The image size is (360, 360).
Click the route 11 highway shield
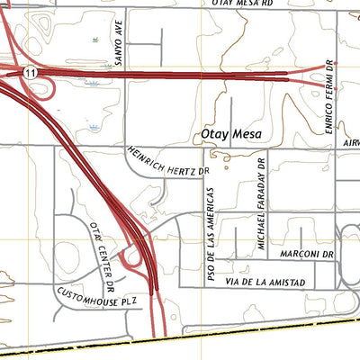point(31,71)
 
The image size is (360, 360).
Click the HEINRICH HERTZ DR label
point(167,160)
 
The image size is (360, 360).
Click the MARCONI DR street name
point(307,255)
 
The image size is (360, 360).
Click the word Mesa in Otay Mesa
point(245,135)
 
